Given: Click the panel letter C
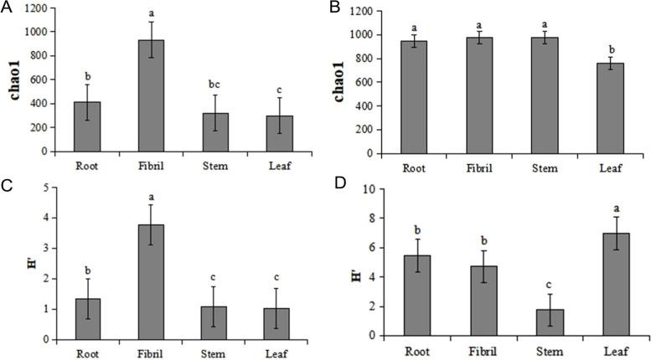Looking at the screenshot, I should pyautogui.click(x=7, y=186).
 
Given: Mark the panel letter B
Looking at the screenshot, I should pyautogui.click(x=335, y=8).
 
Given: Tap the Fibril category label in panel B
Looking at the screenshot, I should pyautogui.click(x=473, y=166).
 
